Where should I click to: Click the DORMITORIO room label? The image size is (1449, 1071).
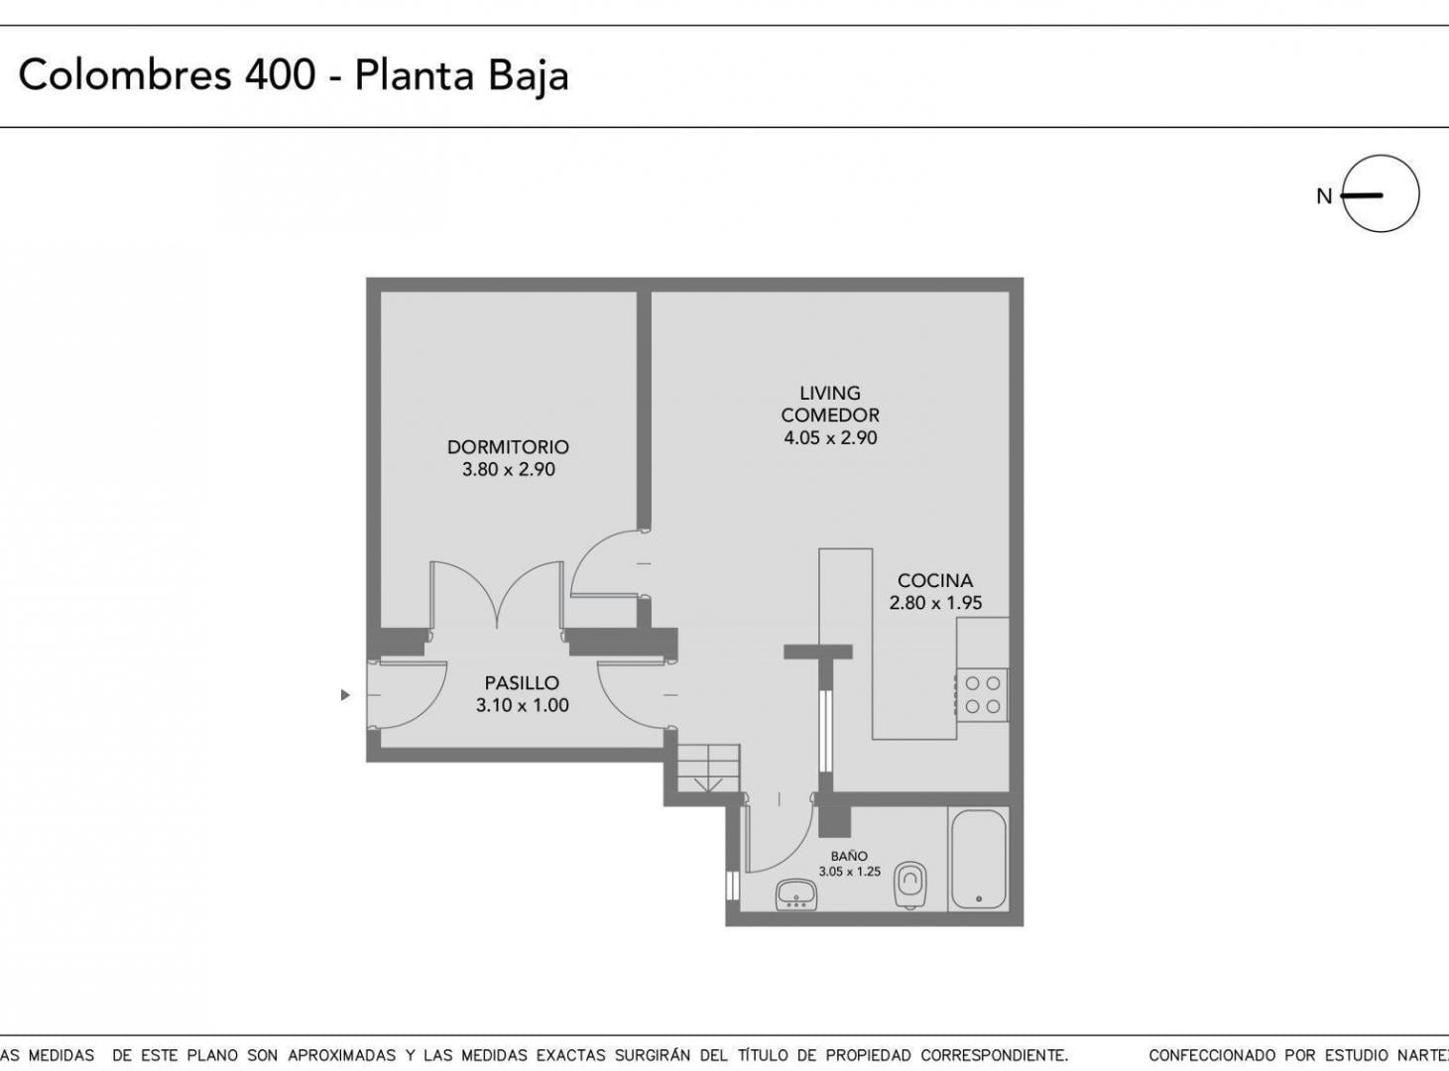click(x=508, y=447)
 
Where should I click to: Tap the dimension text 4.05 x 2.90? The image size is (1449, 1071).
click(x=830, y=437)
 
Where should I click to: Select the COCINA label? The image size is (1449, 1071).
click(x=935, y=580)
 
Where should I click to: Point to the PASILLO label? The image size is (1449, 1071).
click(x=522, y=683)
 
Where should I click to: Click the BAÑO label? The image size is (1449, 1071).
click(x=849, y=856)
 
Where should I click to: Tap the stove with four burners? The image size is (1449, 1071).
click(x=982, y=694)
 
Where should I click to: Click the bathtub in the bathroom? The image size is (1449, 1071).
click(x=978, y=860)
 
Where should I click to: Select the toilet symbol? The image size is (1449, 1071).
click(x=909, y=886)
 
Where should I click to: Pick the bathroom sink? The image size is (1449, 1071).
click(x=795, y=894)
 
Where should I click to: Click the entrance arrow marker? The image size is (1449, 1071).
click(x=345, y=694)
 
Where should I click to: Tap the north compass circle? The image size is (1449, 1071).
click(x=1381, y=194)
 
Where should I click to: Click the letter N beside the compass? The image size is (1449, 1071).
click(x=1324, y=196)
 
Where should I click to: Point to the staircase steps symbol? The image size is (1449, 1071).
click(x=708, y=768)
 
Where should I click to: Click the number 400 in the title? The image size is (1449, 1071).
click(x=281, y=74)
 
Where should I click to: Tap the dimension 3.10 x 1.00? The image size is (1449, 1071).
click(x=522, y=706)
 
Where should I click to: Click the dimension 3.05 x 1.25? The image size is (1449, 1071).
click(x=849, y=872)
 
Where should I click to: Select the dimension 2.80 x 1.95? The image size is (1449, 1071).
click(x=935, y=603)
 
